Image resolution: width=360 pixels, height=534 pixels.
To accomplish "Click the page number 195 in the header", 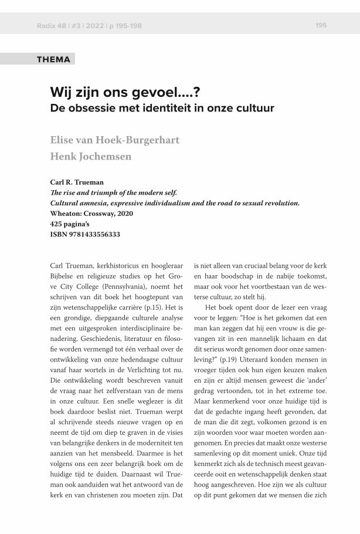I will pos(321,25).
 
